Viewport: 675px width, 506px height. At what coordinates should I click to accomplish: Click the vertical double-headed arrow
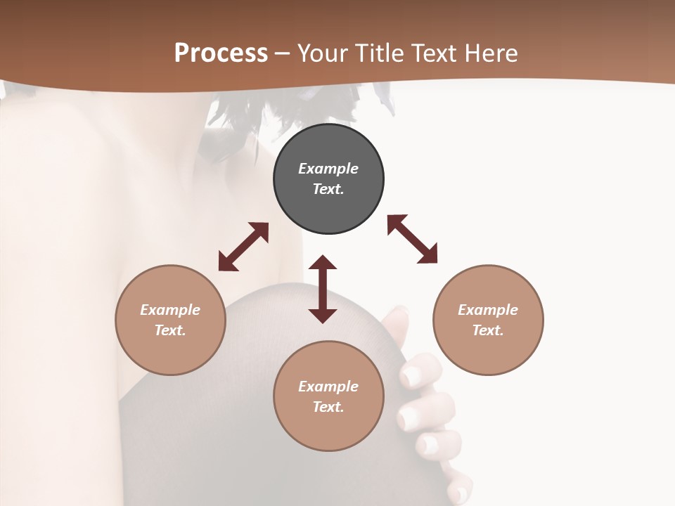(323, 289)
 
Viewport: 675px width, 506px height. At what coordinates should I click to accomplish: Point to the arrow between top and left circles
(244, 246)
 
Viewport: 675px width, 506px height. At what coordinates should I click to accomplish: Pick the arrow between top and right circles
(412, 239)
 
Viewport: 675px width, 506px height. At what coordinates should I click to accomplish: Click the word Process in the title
(221, 53)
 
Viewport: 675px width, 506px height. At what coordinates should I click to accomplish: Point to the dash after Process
(282, 53)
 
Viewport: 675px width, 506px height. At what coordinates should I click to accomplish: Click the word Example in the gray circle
(328, 169)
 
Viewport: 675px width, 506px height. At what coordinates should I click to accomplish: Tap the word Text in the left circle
(170, 330)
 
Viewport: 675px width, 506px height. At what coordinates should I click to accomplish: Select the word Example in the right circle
(488, 310)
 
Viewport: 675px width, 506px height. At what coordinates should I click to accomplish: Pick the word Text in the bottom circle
(328, 407)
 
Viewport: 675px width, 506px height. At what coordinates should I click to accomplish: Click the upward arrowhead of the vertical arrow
(323, 264)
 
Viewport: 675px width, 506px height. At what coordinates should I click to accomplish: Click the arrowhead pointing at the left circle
(226, 263)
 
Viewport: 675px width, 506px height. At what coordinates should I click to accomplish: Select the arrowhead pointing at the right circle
(428, 255)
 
